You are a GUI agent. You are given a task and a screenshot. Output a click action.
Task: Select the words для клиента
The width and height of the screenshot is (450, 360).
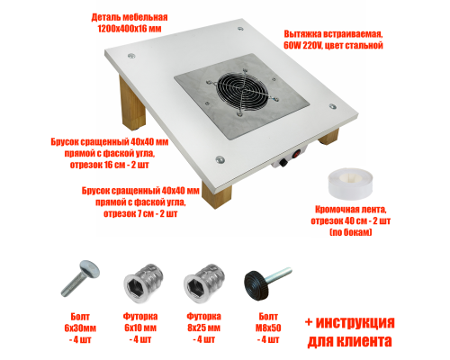(349, 341)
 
